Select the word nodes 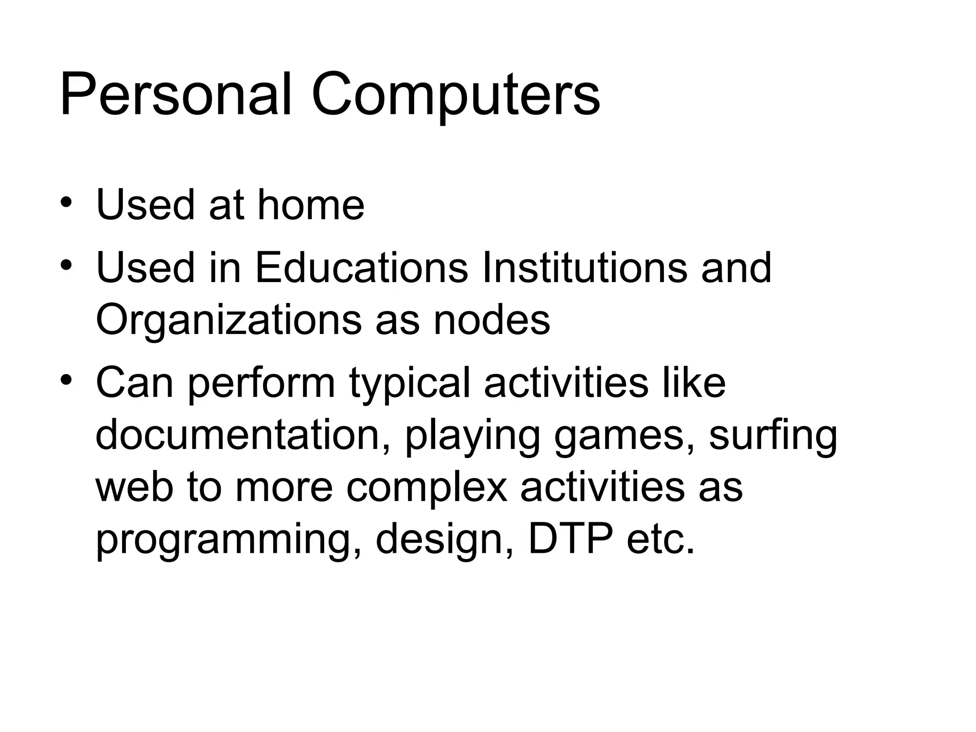pos(491,320)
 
